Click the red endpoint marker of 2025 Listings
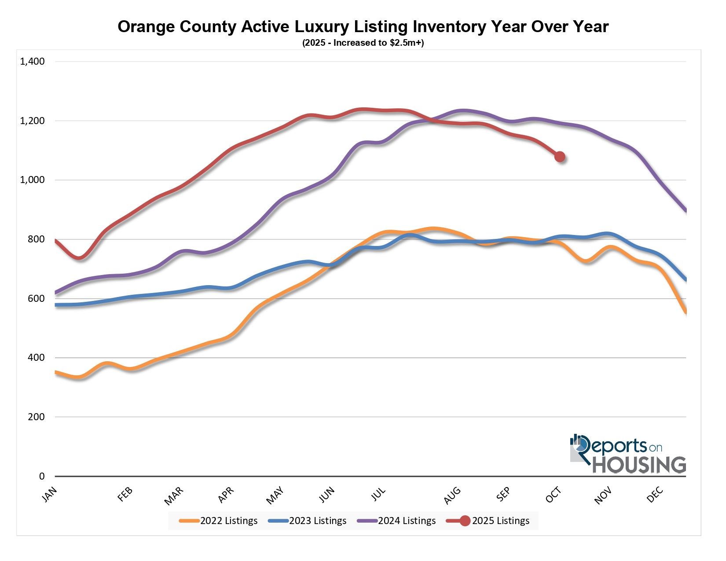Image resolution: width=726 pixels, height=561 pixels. pyautogui.click(x=560, y=157)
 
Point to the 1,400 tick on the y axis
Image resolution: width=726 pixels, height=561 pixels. pyautogui.click(x=33, y=62)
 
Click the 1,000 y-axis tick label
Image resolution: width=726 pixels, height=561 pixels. pyautogui.click(x=33, y=180)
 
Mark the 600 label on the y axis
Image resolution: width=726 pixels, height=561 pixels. pyautogui.click(x=36, y=298)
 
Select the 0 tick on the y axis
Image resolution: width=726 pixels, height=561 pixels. pyautogui.click(x=42, y=476)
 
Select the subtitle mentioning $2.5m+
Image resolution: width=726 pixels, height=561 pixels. pyautogui.click(x=363, y=43)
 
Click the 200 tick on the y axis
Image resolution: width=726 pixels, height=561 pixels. pyautogui.click(x=36, y=417)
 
